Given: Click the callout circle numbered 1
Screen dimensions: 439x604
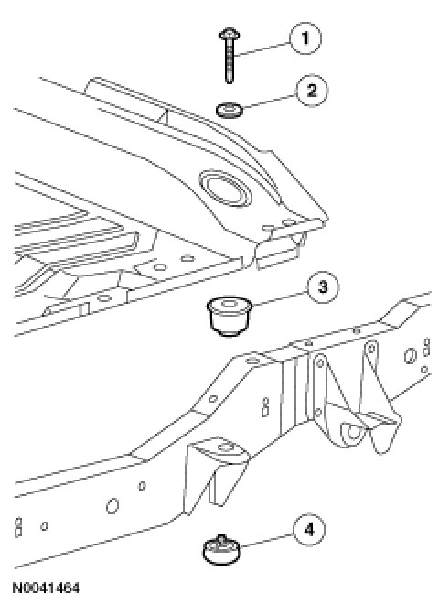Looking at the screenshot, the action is [305, 38].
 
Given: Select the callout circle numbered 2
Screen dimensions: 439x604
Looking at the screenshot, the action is [312, 90].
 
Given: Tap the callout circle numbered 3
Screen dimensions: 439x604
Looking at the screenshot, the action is [323, 287].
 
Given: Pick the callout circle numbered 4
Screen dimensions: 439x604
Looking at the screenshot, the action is [309, 530].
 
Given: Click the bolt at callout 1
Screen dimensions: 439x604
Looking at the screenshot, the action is [230, 56].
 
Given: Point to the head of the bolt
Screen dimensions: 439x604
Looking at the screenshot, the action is [230, 35].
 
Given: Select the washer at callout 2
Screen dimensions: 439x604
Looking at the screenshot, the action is [230, 110].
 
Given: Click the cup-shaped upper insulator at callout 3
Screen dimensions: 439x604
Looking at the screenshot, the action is [230, 316].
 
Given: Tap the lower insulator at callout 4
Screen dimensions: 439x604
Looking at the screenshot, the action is [221, 550].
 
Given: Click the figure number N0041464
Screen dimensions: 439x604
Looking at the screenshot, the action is [47, 588].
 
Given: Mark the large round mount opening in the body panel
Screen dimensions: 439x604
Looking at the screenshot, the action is [226, 188].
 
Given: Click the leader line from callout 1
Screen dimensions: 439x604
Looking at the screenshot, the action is [262, 49].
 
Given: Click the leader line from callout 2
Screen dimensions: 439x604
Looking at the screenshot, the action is [269, 102].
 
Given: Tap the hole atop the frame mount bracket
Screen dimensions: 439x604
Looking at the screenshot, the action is [225, 448].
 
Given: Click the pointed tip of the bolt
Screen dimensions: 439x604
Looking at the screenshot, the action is [230, 81].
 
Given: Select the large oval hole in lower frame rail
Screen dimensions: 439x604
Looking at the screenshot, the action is [112, 505].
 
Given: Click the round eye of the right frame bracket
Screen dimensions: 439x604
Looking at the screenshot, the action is [353, 431].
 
